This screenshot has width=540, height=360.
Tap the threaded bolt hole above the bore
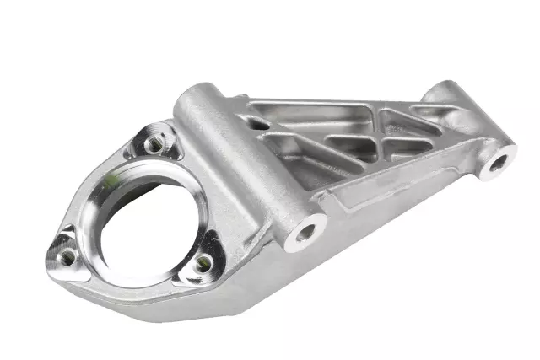(x=154, y=144)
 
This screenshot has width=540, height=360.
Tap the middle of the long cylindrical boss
(x=245, y=160)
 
